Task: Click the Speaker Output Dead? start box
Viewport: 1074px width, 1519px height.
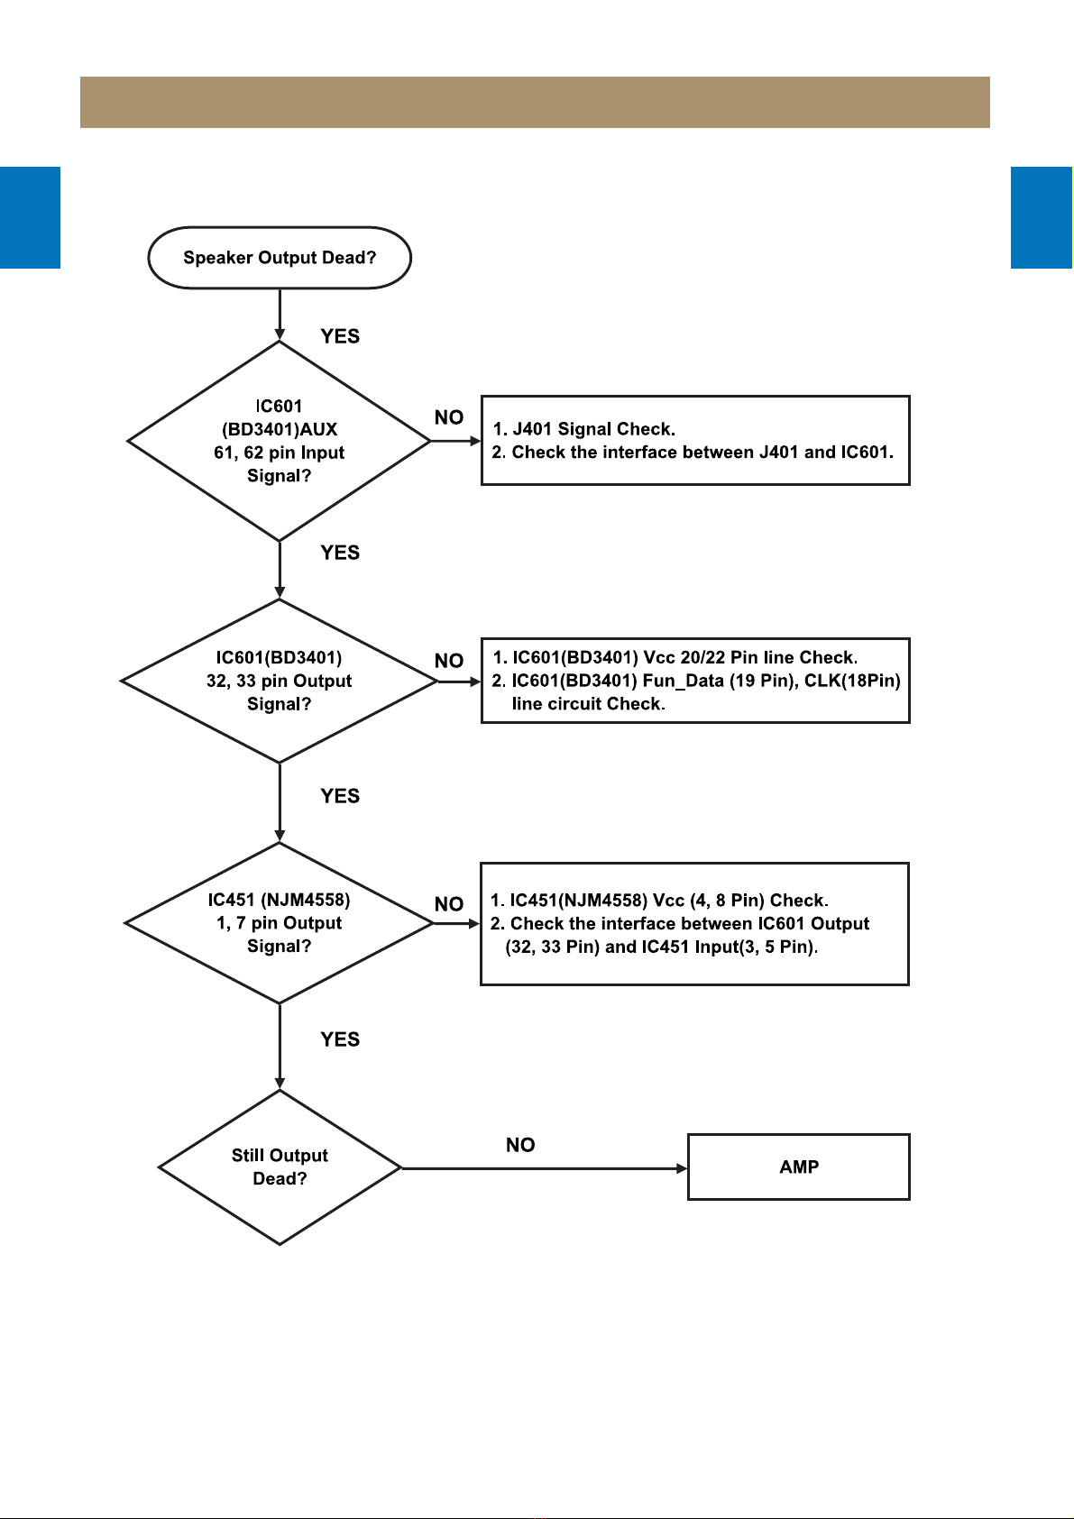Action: pyautogui.click(x=280, y=258)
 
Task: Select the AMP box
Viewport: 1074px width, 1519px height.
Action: pyautogui.click(x=799, y=1167)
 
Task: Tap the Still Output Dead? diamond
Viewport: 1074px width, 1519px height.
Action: pyautogui.click(x=280, y=1167)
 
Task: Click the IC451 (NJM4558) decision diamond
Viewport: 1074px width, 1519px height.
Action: pyautogui.click(x=280, y=923)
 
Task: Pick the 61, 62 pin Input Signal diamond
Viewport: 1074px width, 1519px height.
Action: pyautogui.click(x=280, y=441)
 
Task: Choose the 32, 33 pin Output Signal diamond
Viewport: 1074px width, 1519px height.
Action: pyautogui.click(x=280, y=681)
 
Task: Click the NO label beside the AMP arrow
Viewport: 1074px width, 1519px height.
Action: pyautogui.click(x=520, y=1145)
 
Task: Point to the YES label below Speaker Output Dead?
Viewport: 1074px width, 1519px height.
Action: pyautogui.click(x=340, y=336)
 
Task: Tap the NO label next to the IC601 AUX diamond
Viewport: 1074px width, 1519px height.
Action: pyautogui.click(x=449, y=417)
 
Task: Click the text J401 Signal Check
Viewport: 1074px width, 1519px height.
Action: pyautogui.click(x=583, y=429)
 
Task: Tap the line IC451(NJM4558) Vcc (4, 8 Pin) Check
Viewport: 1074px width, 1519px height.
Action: pyautogui.click(x=659, y=901)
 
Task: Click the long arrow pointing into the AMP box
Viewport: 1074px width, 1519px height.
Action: pyautogui.click(x=545, y=1168)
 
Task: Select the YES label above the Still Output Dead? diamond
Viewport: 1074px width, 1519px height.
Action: pyautogui.click(x=340, y=1039)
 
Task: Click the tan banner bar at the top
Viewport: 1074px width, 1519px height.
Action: pyautogui.click(x=535, y=103)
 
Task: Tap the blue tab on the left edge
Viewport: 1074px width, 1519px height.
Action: pyautogui.click(x=30, y=217)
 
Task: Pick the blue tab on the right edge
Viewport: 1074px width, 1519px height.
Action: pyautogui.click(x=1042, y=217)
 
